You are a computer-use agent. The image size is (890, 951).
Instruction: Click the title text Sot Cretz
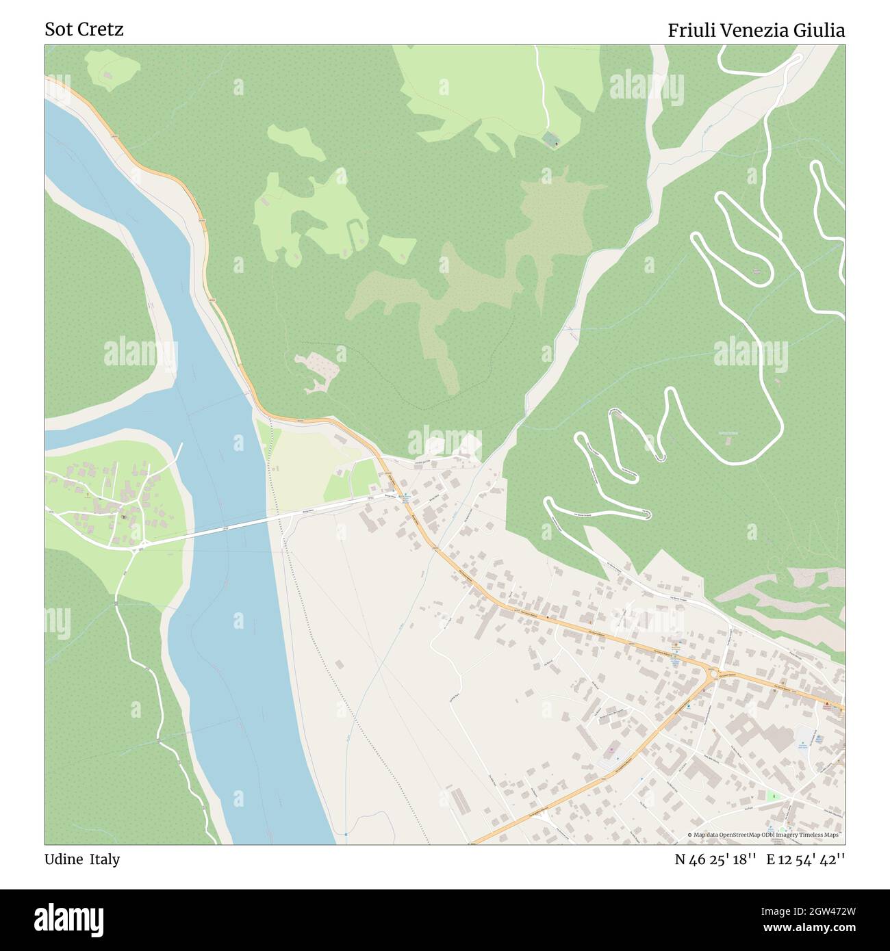pos(84,29)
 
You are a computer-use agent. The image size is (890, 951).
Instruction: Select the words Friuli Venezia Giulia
pos(756,30)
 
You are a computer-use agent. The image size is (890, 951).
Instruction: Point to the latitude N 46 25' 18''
pos(715,859)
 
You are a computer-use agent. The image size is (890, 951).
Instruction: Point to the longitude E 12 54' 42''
pos(806,859)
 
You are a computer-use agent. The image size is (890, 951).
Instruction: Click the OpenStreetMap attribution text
pos(763,835)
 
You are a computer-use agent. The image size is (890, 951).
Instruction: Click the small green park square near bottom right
pos(773,796)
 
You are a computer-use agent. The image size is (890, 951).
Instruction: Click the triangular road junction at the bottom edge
pos(542,816)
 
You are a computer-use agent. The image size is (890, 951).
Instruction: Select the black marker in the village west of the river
pos(123,517)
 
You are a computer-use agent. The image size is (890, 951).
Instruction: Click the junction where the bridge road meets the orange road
pos(402,497)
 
